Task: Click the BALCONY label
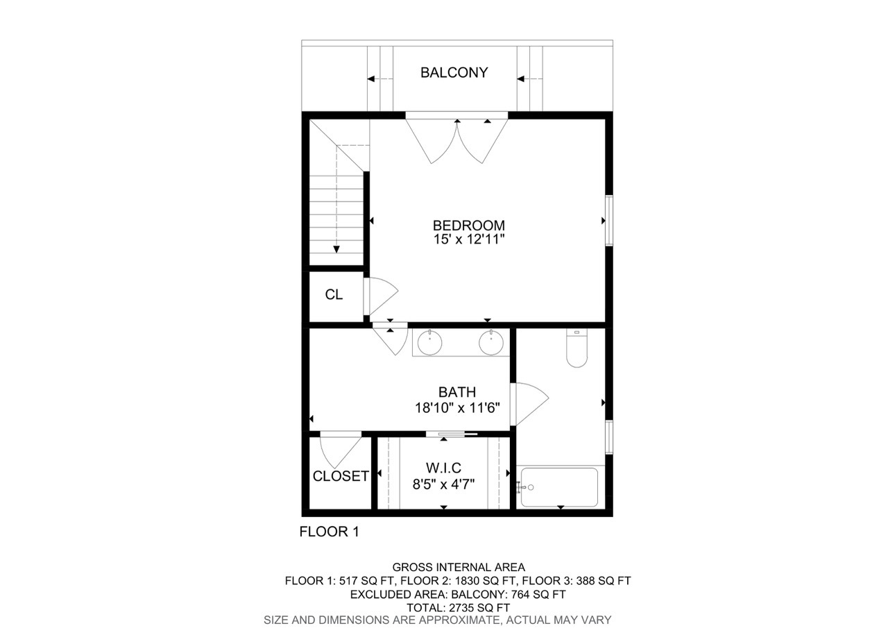coord(454,73)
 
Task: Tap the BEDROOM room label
coord(468,226)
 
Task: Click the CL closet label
coord(334,294)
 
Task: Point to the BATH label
coord(456,393)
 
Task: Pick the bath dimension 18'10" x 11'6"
coord(456,407)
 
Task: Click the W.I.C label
coord(443,468)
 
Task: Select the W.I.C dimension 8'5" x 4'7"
coord(443,482)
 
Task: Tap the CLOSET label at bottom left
coord(341,477)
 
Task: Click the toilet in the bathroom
coord(577,348)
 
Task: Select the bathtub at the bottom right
coord(559,487)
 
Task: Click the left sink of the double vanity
coord(430,342)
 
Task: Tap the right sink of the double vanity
coord(491,342)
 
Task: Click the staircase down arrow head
coord(336,249)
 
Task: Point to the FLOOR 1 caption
coord(329,532)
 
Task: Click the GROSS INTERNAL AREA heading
coord(459,567)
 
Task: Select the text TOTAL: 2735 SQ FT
coord(459,607)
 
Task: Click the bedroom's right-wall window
coord(609,221)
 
